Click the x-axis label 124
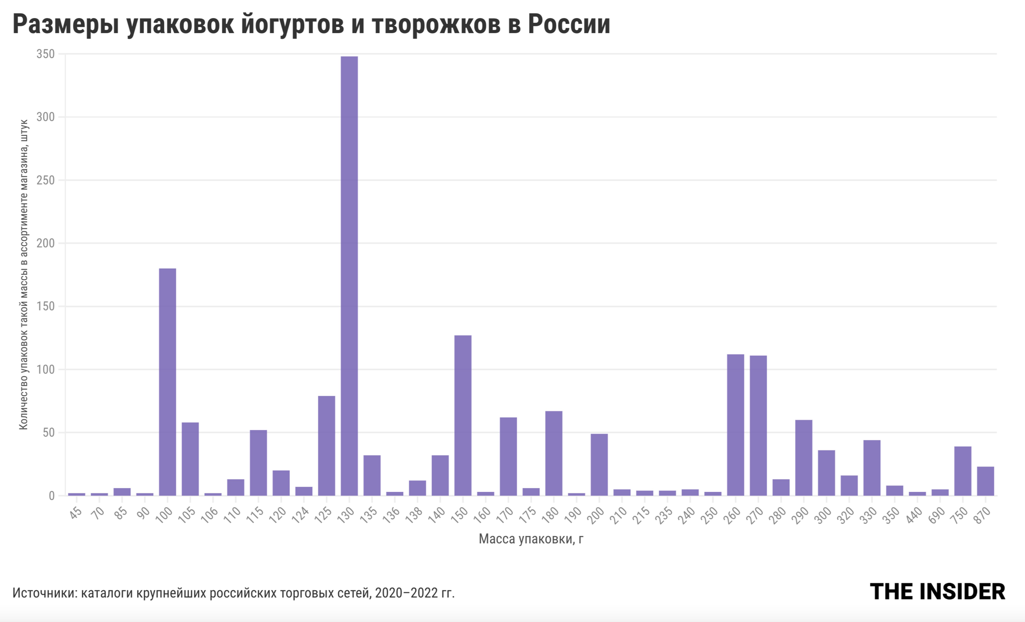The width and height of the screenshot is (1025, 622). (300, 514)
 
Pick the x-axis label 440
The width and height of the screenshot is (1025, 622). (914, 514)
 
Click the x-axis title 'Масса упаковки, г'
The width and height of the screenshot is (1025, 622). (531, 539)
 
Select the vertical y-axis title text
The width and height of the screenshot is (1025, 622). (24, 275)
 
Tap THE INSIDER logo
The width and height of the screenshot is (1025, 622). (937, 592)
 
